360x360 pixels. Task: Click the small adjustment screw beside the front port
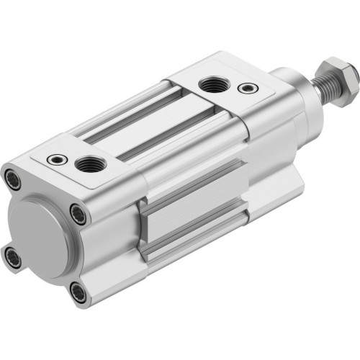pos(248,89)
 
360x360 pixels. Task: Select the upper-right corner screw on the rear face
pos(76,212)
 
